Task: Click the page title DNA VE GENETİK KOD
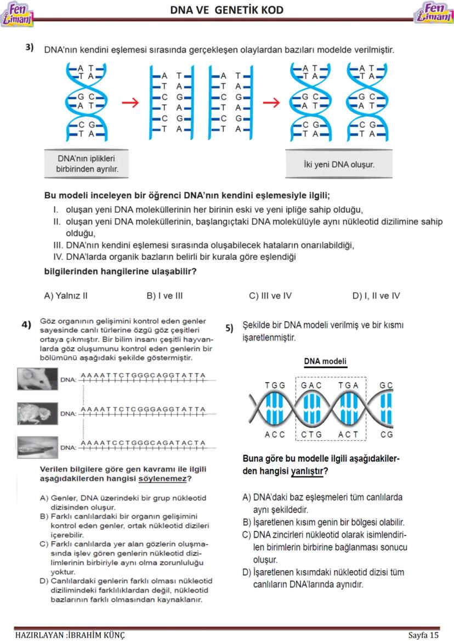tap(226, 10)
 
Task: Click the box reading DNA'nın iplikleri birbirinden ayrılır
tap(87, 164)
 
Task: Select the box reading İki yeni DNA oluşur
tap(339, 164)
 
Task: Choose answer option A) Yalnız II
tap(65, 296)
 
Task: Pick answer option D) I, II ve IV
tap(376, 296)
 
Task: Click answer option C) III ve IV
tap(270, 296)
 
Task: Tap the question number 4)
tap(26, 325)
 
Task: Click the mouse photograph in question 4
tap(37, 379)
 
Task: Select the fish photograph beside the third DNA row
tap(37, 446)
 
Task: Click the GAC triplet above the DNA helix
tap(311, 385)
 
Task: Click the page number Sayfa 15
tap(423, 635)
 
